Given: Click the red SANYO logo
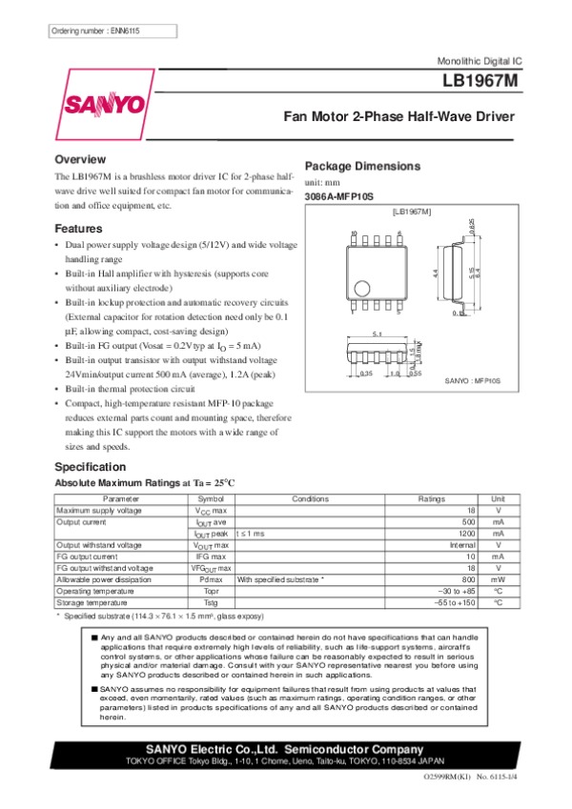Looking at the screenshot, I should point(105,102).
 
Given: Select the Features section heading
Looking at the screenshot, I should point(78,229).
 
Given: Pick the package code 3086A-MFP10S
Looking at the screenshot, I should point(339,196).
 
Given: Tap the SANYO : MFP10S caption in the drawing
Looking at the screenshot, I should point(473,380).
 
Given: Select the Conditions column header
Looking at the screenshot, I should point(310,498).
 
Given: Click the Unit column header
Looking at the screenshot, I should point(498,498).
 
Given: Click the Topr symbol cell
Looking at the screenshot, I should point(211,591).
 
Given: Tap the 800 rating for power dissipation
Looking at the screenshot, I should point(467,579).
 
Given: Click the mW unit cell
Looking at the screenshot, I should point(498,579).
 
